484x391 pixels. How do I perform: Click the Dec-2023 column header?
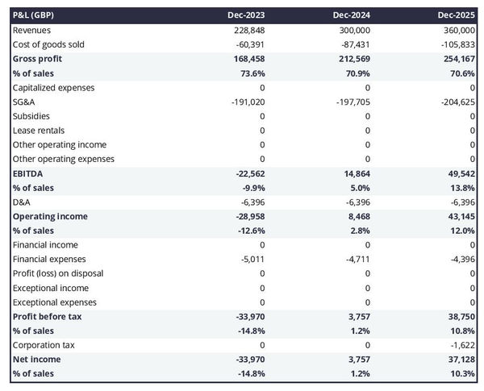coord(247,15)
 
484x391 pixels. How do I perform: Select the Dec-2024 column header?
coord(352,15)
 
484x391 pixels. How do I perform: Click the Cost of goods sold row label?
coord(48,44)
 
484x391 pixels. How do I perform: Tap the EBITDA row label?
coord(30,173)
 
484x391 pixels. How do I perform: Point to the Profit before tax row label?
coord(47,316)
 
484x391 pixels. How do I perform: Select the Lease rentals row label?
coord(39,131)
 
